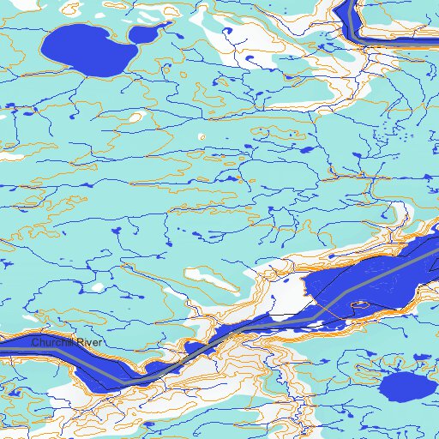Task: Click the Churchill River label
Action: (x=67, y=343)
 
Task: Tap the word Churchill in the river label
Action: (x=54, y=343)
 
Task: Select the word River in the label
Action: (x=90, y=343)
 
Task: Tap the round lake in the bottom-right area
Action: (x=400, y=388)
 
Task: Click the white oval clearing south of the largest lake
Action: (x=202, y=136)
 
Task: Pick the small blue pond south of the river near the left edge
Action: (x=14, y=394)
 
